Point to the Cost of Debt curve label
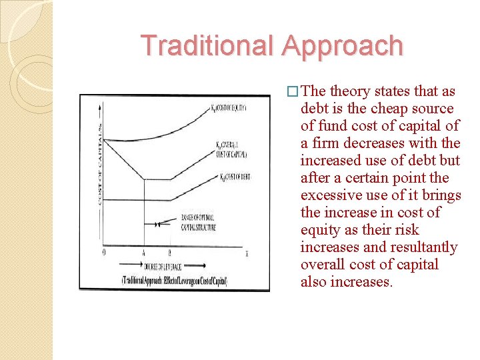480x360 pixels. (x=231, y=177)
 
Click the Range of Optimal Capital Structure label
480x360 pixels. (x=201, y=222)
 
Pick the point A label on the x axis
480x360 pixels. (x=144, y=253)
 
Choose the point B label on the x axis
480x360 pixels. (x=169, y=253)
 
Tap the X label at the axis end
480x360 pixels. (x=247, y=253)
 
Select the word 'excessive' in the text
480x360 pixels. (x=331, y=195)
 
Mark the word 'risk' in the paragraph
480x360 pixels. (x=406, y=230)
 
